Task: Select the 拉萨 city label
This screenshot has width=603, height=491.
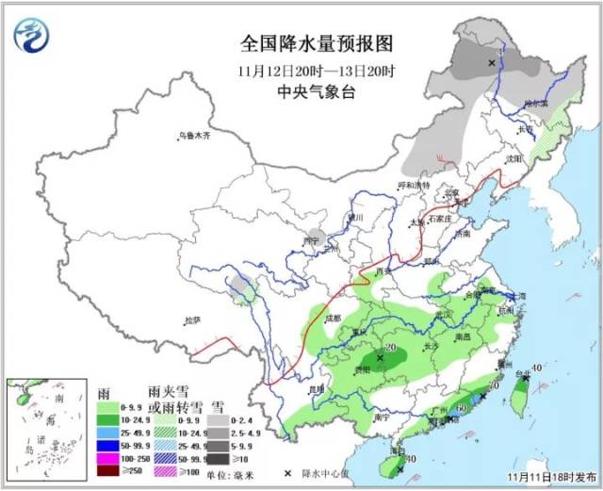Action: (192, 320)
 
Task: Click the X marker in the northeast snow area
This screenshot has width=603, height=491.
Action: (491, 62)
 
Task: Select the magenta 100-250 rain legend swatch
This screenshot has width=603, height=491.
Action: (108, 456)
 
